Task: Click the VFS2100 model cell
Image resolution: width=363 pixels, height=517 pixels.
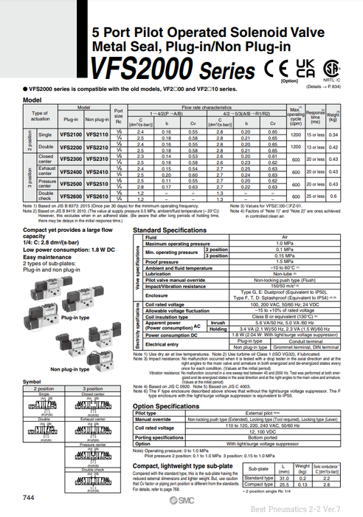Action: pyautogui.click(x=71, y=135)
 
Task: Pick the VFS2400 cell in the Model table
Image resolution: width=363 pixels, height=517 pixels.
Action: pyautogui.click(x=71, y=171)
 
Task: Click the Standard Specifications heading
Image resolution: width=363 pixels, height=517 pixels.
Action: pyautogui.click(x=167, y=230)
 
